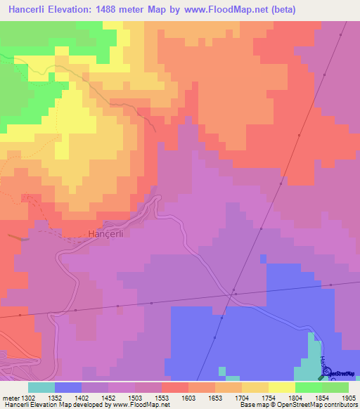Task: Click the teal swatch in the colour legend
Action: click(x=41, y=387)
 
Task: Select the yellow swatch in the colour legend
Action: click(x=282, y=387)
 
